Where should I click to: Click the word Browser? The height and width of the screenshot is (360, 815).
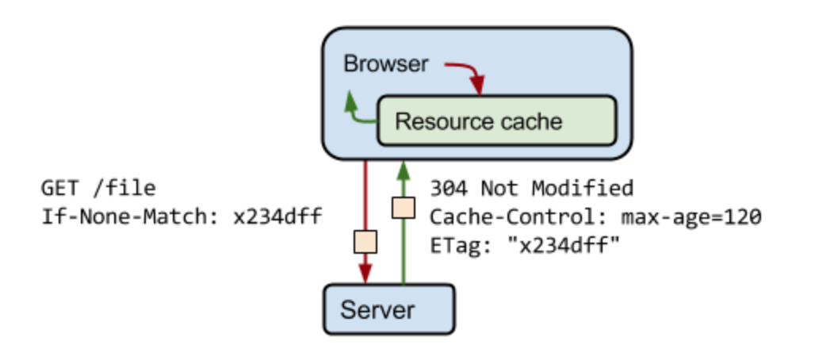coord(385,64)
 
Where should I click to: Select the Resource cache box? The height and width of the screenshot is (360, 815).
coord(496,121)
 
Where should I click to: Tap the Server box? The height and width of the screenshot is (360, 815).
coord(388,308)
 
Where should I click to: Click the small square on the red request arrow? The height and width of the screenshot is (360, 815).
coord(365,241)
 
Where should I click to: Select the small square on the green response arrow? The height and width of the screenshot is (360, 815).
coord(404,207)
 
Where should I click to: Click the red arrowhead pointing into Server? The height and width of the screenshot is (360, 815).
coord(365,274)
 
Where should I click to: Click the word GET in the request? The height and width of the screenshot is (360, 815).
coord(60,188)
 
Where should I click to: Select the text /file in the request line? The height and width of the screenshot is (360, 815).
coord(123,188)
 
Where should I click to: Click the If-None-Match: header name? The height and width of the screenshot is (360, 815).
coord(128,215)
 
